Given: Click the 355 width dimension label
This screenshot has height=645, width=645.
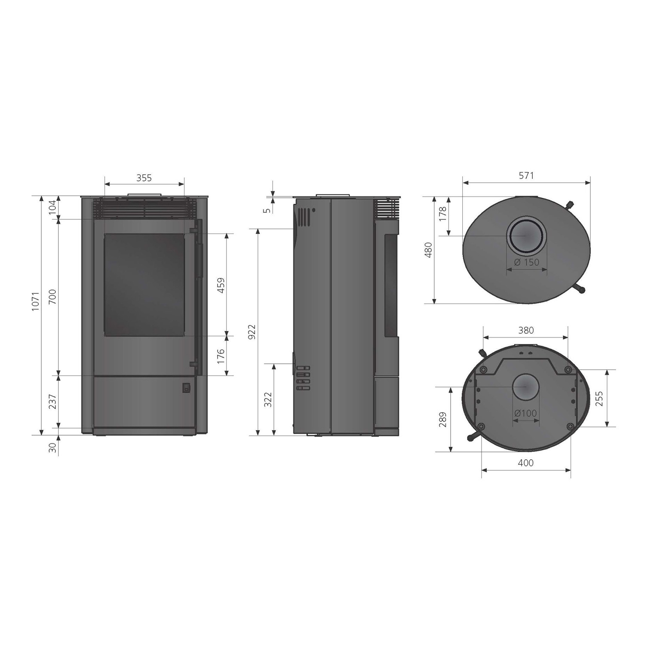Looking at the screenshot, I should point(144,178).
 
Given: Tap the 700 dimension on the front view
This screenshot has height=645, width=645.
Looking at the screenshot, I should point(52,297).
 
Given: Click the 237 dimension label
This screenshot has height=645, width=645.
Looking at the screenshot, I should point(52,402).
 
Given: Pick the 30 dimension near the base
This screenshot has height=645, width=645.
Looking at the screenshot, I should point(52,448).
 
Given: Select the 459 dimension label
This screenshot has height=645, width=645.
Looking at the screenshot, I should point(221,285).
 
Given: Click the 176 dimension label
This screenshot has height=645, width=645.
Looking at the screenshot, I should point(221,356).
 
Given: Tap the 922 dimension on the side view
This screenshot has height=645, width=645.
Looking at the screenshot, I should point(252,332).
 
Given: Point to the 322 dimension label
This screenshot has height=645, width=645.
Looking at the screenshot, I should point(268,400).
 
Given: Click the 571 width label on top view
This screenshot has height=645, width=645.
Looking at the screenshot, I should point(526,175).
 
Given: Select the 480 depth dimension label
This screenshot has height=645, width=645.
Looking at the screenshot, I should point(428,250).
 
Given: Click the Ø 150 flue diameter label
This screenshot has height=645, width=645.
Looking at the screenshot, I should point(526,262).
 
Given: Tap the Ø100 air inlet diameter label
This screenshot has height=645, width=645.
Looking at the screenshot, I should point(525,413).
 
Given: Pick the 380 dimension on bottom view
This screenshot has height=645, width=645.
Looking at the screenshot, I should point(525,330).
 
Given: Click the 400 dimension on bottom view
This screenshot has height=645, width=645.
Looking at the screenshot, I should point(525,463).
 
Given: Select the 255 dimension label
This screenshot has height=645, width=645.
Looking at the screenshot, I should point(599,398).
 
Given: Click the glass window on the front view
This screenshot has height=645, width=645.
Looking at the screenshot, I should point(144,284).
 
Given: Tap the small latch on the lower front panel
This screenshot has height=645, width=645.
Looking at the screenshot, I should point(186,388).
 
